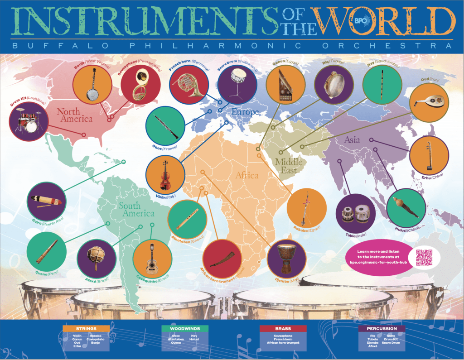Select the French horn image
point(188,85)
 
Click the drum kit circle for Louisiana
point(28,120)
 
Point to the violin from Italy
point(165,176)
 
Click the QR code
point(424,258)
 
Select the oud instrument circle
point(429,102)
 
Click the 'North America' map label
point(74,115)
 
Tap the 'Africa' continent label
point(247,175)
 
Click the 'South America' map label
point(136,210)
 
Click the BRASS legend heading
point(283,328)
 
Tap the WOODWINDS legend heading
point(185,328)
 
